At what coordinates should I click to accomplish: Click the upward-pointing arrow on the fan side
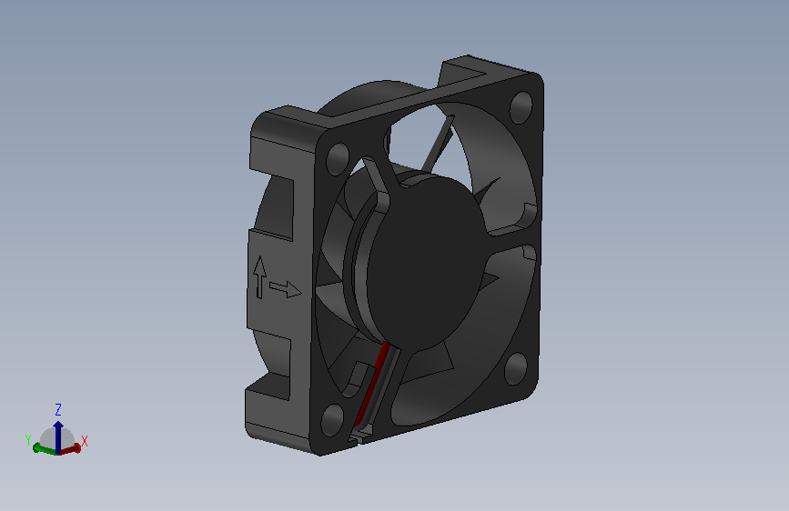click(259, 277)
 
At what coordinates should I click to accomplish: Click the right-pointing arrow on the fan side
click(286, 289)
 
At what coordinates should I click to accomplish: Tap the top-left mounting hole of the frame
click(338, 159)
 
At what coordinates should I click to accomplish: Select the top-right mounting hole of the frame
click(521, 107)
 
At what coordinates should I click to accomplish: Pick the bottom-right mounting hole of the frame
click(516, 368)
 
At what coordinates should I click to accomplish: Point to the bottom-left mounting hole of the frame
click(332, 419)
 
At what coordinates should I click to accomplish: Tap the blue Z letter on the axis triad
click(58, 409)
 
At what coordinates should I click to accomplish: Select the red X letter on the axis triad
click(84, 442)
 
